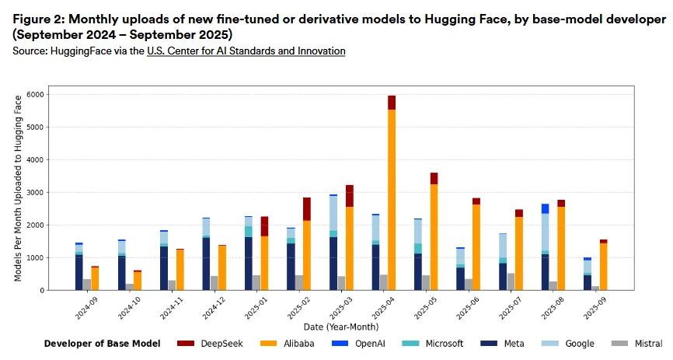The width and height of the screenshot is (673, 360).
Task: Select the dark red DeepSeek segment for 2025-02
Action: pos(307,209)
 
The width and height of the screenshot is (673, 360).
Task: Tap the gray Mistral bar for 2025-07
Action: pos(510,281)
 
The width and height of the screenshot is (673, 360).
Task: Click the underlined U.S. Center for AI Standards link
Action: pos(246,51)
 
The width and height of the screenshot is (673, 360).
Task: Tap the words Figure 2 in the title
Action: pos(40,19)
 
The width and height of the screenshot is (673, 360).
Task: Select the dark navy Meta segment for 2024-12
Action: pos(206,264)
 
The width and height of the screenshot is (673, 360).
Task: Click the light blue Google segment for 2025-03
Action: pos(333,213)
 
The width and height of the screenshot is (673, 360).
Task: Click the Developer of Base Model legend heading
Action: pos(102,343)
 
